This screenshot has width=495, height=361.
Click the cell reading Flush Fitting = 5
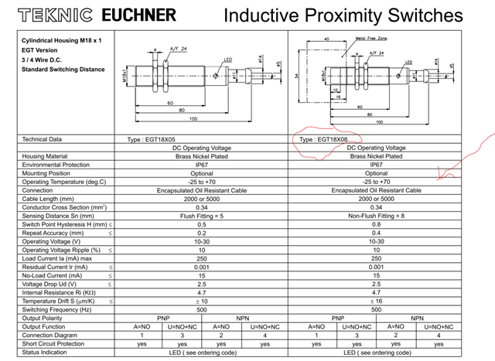201,216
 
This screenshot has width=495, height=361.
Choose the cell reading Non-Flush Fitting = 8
377,216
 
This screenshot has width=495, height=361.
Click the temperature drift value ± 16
377,301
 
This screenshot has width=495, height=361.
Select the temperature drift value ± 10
201,301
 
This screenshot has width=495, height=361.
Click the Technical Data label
42,139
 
